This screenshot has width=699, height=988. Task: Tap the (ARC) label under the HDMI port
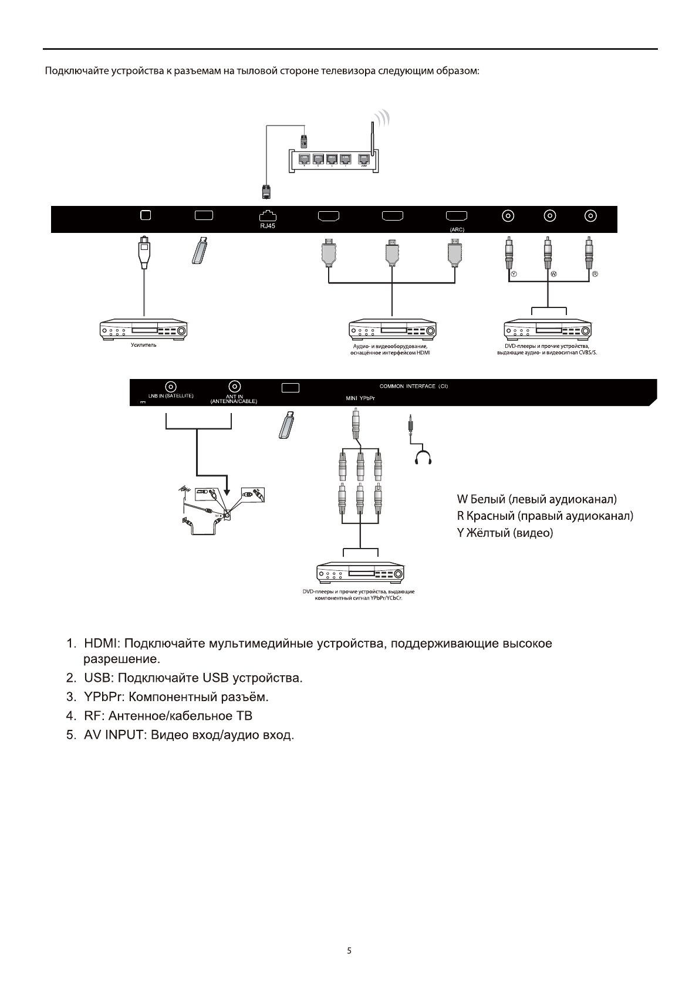click(457, 229)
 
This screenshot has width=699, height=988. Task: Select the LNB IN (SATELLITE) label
click(170, 395)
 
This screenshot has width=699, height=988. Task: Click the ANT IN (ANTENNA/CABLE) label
click(234, 398)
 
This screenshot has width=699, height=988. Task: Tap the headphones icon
click(423, 458)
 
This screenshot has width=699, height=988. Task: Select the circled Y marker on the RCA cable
click(514, 274)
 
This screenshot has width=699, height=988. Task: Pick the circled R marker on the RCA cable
click(594, 274)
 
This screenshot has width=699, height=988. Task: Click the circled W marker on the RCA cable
click(553, 274)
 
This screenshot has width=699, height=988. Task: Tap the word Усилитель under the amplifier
click(143, 346)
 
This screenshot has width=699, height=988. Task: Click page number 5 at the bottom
click(349, 951)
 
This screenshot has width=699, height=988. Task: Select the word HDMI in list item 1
click(102, 644)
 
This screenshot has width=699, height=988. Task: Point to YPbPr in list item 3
click(103, 697)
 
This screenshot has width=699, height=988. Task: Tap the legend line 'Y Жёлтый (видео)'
click(505, 533)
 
